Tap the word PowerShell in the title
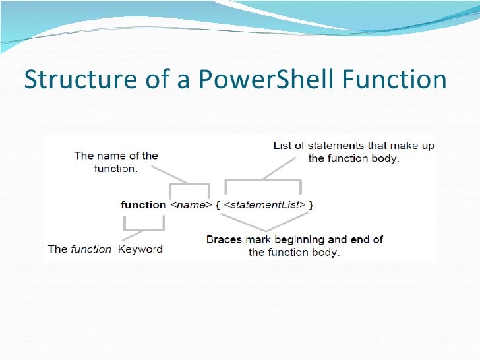[255, 80]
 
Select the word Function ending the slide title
[393, 80]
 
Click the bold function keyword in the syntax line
[143, 205]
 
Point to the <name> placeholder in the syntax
[191, 205]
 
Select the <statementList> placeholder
[264, 205]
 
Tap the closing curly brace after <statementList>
[311, 205]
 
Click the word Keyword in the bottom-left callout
[140, 249]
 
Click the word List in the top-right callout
[282, 146]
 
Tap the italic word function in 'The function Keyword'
[92, 249]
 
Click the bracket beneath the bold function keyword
[142, 228]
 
